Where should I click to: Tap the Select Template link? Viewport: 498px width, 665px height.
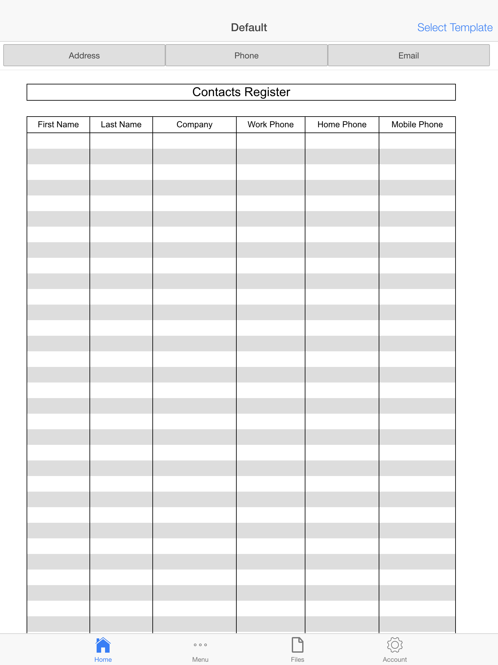click(455, 28)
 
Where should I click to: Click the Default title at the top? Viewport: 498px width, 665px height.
click(249, 28)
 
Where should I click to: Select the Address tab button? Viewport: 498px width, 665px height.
click(84, 56)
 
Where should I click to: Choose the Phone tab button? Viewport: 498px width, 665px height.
click(246, 56)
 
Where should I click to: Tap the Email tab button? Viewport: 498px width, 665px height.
click(409, 56)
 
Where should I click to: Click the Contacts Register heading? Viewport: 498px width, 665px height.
click(241, 92)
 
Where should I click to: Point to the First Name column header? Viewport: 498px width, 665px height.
click(58, 125)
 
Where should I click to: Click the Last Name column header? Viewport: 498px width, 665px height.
click(121, 125)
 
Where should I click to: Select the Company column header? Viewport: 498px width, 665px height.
click(195, 125)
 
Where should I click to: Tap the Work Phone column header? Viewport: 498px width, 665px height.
click(270, 125)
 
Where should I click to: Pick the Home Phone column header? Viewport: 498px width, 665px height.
click(342, 125)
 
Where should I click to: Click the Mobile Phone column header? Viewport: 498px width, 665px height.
click(417, 125)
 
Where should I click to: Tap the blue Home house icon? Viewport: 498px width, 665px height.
click(103, 645)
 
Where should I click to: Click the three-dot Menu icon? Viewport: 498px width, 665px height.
click(200, 645)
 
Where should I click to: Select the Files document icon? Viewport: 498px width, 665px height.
click(297, 645)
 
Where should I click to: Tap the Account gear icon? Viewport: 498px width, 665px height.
click(395, 645)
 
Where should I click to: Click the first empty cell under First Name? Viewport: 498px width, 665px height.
click(58, 141)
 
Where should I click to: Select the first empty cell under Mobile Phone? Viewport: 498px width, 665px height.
click(417, 141)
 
